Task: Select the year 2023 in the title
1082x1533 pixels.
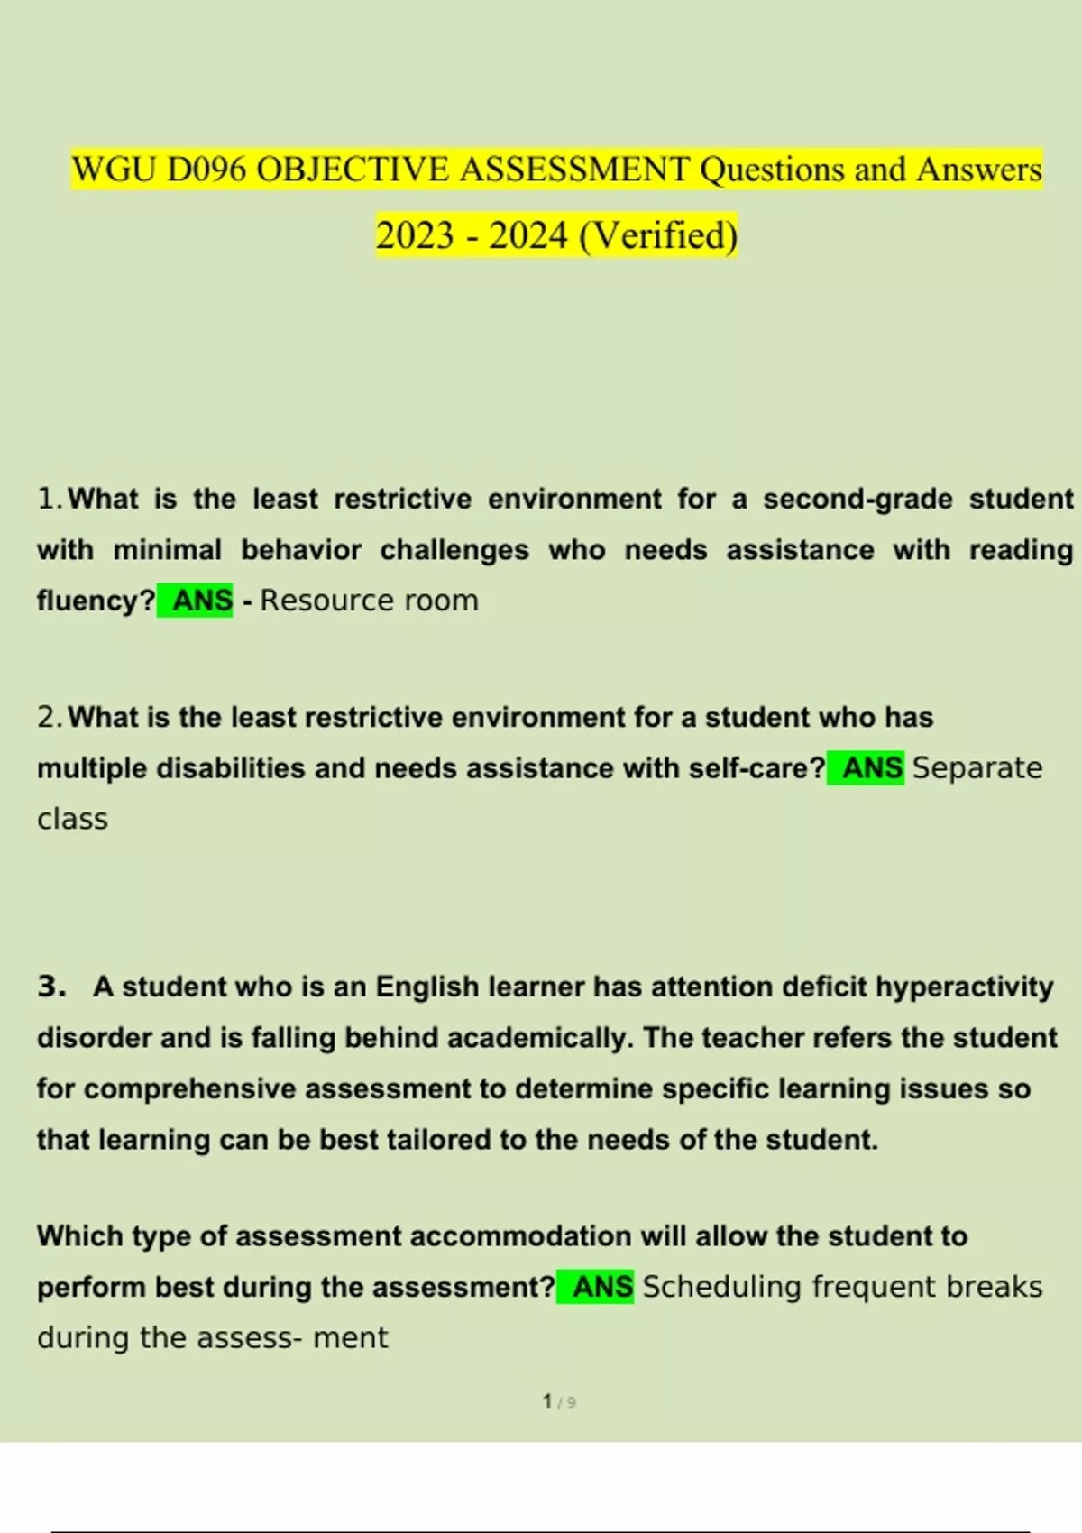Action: tap(415, 236)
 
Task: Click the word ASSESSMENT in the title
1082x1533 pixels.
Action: tap(574, 170)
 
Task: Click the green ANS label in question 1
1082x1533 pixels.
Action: tap(201, 601)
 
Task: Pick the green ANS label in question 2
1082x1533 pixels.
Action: tap(871, 768)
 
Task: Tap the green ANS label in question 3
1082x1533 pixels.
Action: tap(601, 1287)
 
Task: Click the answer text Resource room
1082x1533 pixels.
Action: tap(369, 601)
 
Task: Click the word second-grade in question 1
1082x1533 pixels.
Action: tap(857, 499)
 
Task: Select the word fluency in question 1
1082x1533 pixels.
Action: tap(90, 601)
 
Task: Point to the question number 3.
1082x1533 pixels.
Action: tap(51, 987)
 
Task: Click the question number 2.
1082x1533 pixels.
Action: tap(49, 718)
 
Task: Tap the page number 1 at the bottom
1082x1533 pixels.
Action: tap(547, 1401)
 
